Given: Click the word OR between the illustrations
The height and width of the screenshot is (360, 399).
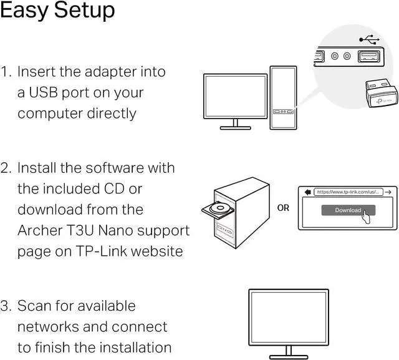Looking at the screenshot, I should click(283, 208).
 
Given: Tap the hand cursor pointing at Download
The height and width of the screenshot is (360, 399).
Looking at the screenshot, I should click(368, 216).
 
